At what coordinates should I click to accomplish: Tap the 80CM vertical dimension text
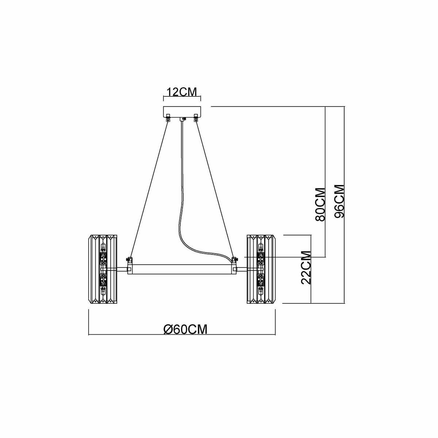[320, 204]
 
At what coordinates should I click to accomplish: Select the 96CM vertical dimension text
[339, 201]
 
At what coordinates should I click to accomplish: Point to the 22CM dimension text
[306, 267]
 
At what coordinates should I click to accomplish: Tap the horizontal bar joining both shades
[182, 269]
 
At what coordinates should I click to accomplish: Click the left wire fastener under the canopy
[168, 118]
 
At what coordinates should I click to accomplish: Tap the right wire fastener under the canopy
[196, 118]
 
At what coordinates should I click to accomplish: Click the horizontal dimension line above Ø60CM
[182, 335]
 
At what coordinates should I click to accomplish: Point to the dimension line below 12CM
[182, 98]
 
